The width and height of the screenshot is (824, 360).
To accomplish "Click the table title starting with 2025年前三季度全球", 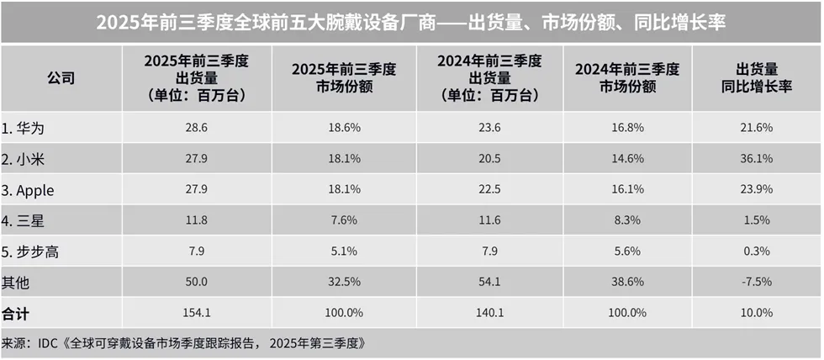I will point(411,21).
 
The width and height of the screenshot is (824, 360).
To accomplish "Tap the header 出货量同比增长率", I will point(757,78).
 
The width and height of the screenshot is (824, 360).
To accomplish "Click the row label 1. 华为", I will point(24,127).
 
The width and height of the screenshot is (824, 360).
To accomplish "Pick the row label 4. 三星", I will point(24,221).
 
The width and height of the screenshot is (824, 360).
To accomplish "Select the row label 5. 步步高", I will point(31,252).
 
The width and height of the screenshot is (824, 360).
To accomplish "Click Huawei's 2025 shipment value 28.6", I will point(196,127).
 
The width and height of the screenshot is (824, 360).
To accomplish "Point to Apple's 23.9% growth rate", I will point(757,190).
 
